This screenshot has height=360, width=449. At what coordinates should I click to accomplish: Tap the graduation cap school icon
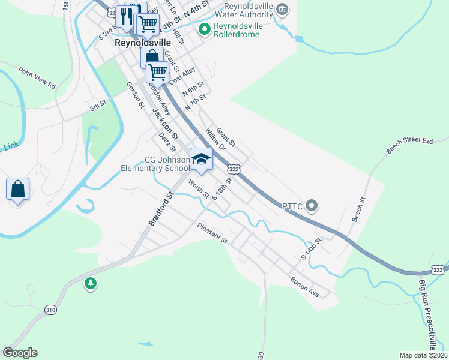[201, 160]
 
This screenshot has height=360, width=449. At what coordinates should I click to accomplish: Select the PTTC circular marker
[311, 206]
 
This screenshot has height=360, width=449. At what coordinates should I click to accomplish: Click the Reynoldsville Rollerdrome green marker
[204, 28]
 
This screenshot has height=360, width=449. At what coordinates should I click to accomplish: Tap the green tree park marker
[91, 283]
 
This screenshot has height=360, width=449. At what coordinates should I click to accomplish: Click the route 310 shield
[51, 310]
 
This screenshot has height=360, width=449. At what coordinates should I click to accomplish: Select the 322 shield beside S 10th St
[234, 170]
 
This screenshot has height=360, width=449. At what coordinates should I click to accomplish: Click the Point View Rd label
[37, 78]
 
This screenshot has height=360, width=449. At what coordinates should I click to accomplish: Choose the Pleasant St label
[213, 233]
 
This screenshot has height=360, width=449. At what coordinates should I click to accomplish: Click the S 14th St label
[312, 248]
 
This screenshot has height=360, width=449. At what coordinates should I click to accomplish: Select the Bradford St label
[161, 209]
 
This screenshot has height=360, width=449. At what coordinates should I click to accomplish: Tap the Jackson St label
[162, 122]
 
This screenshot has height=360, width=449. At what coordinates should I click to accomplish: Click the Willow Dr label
[214, 138]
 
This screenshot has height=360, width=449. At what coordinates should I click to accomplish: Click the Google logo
[20, 353]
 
